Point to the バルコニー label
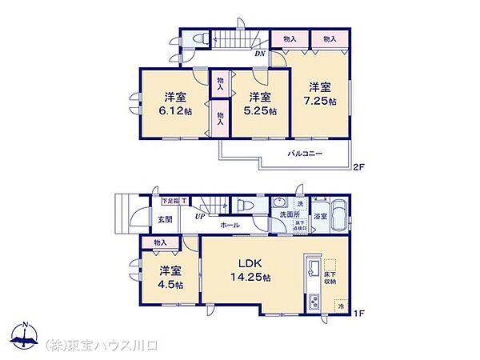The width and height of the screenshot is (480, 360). pos(305,153)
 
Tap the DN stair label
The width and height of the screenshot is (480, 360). pos(260,54)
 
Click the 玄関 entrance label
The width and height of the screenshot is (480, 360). pos(164,219)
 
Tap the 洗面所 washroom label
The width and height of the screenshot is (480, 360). pos(289,216)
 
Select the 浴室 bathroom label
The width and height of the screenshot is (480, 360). pos(320,216)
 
